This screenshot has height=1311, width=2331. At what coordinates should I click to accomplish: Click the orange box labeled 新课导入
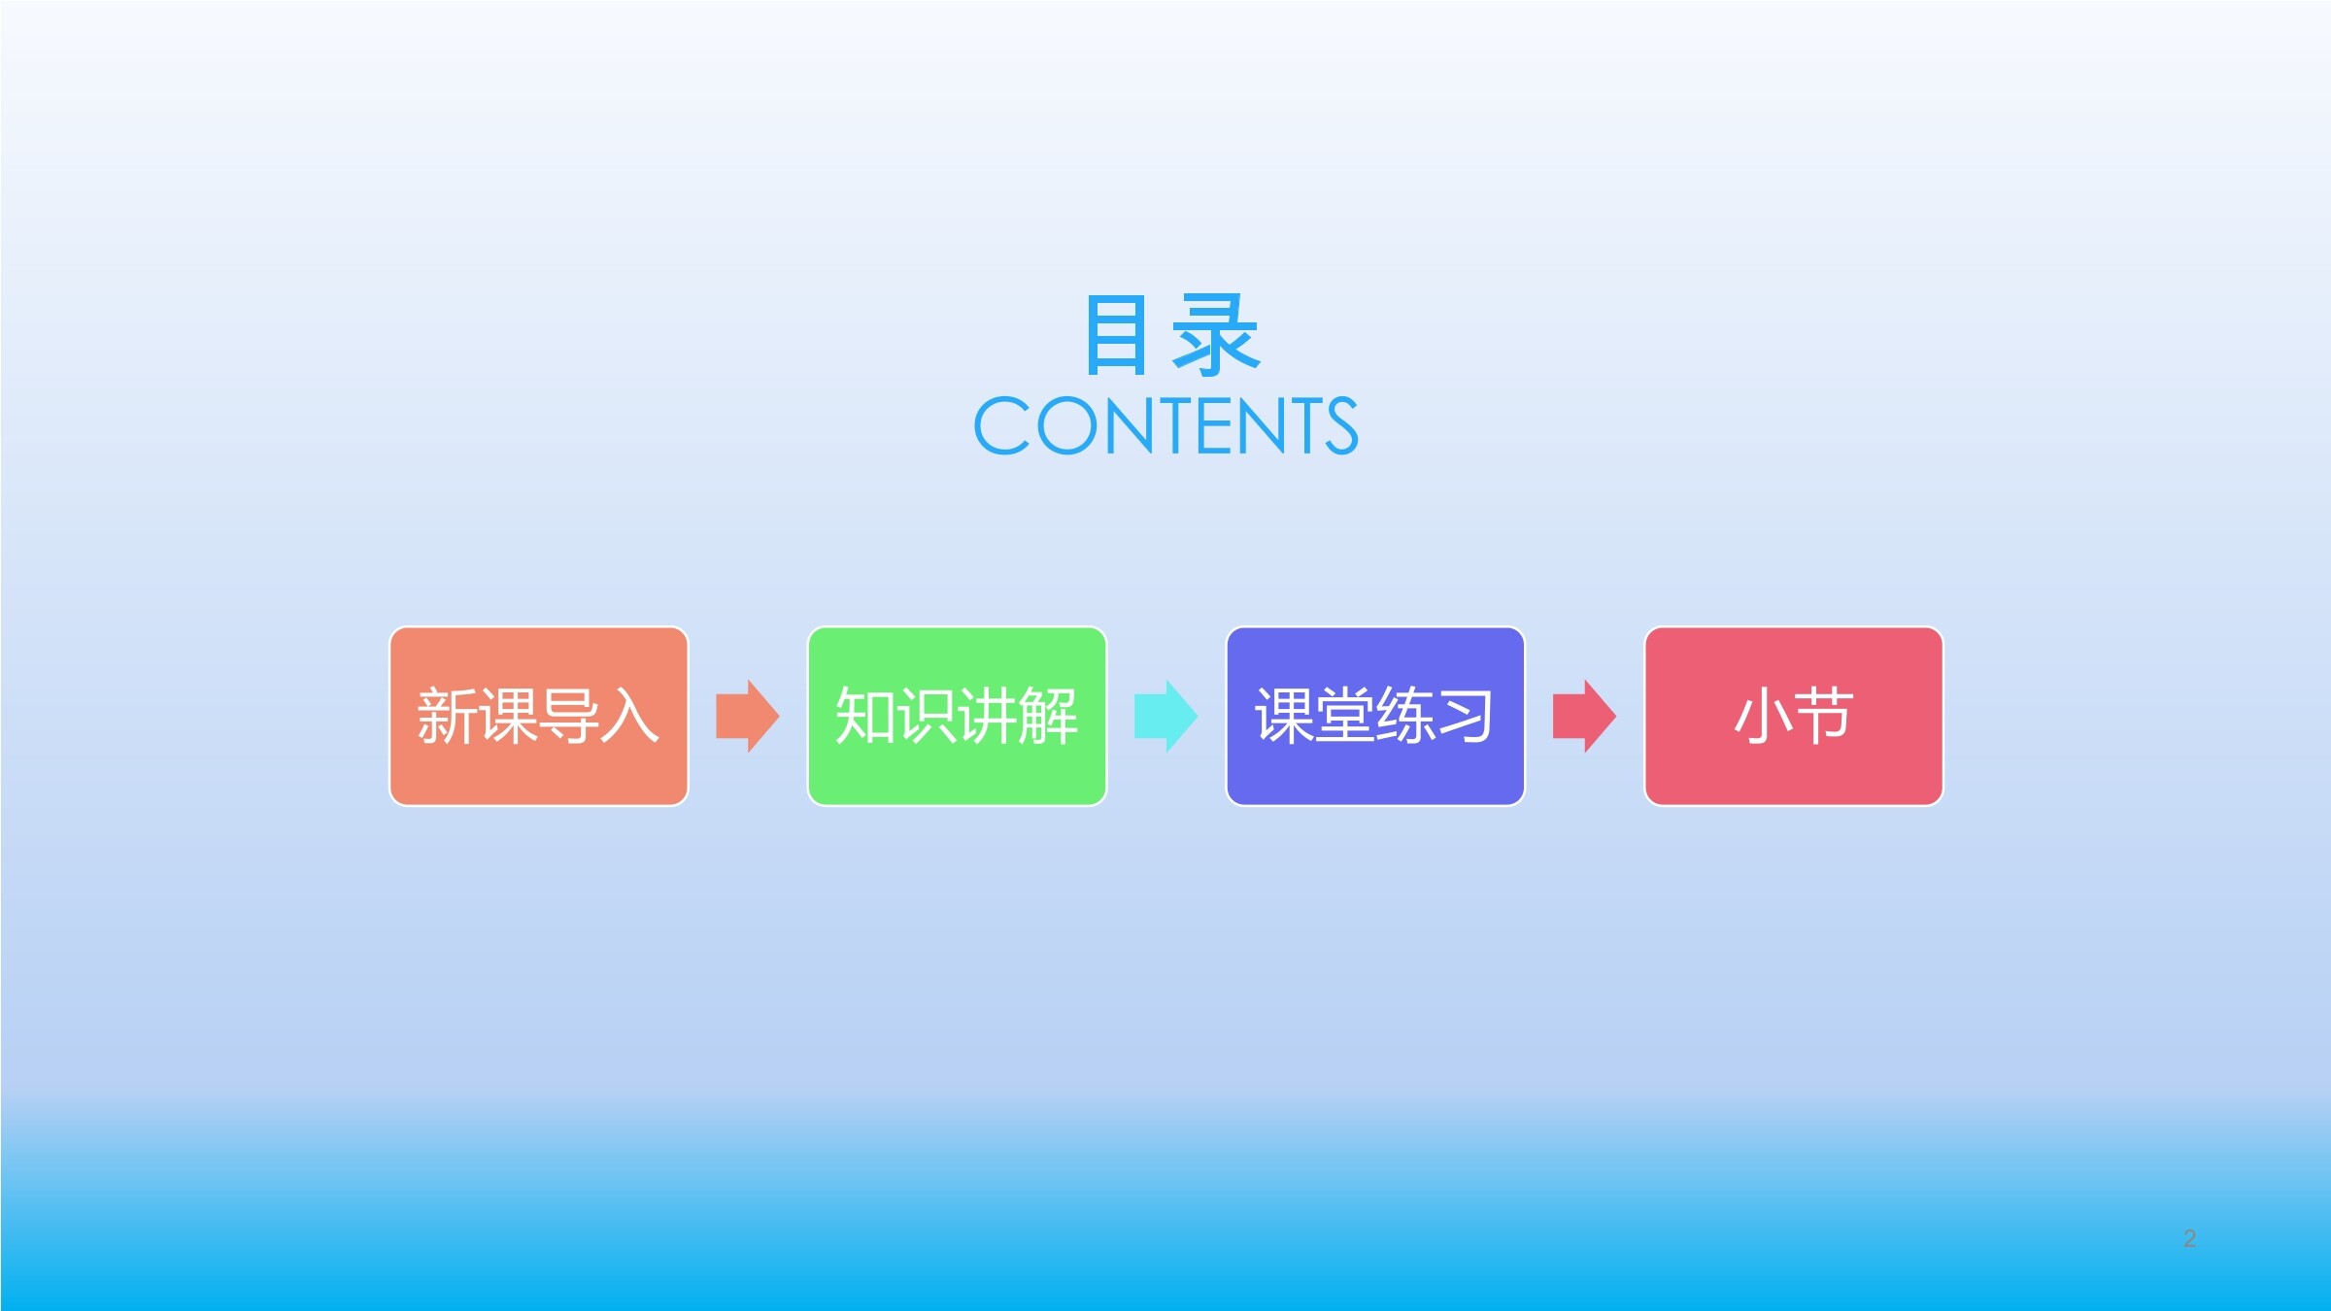pos(539,716)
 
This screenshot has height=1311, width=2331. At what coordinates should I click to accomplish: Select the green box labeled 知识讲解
pos(957,716)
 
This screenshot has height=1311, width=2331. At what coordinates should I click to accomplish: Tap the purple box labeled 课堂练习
pos(1375,716)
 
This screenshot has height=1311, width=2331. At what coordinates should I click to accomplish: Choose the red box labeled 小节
pos(1794,716)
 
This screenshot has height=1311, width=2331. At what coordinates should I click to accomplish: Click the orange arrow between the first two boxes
pos(748,716)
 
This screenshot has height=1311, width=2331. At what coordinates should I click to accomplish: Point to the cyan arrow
pos(1166,716)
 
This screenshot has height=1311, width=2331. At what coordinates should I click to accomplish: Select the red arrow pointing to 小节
pos(1585,716)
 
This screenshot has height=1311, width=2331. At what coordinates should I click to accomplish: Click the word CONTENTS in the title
pos(1165,425)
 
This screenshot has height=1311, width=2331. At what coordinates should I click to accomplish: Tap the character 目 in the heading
pos(1116,334)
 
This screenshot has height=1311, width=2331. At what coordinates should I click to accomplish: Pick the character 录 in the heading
pos(1217,335)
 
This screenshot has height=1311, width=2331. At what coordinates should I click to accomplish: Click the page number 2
pos(2189,1238)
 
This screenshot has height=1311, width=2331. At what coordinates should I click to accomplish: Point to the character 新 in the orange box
pos(448,717)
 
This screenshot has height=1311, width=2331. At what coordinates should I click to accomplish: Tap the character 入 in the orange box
pos(629,717)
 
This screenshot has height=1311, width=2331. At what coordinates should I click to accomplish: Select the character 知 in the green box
pos(865,717)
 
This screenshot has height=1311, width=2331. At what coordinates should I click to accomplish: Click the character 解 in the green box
pos(1047,717)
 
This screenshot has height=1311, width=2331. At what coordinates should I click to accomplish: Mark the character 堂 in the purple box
pos(1344,717)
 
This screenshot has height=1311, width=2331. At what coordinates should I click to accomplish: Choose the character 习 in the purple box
pos(1465,717)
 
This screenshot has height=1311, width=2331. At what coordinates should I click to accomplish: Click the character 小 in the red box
pos(1763,717)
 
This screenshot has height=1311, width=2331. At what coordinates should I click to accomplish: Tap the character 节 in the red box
pos(1824,717)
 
